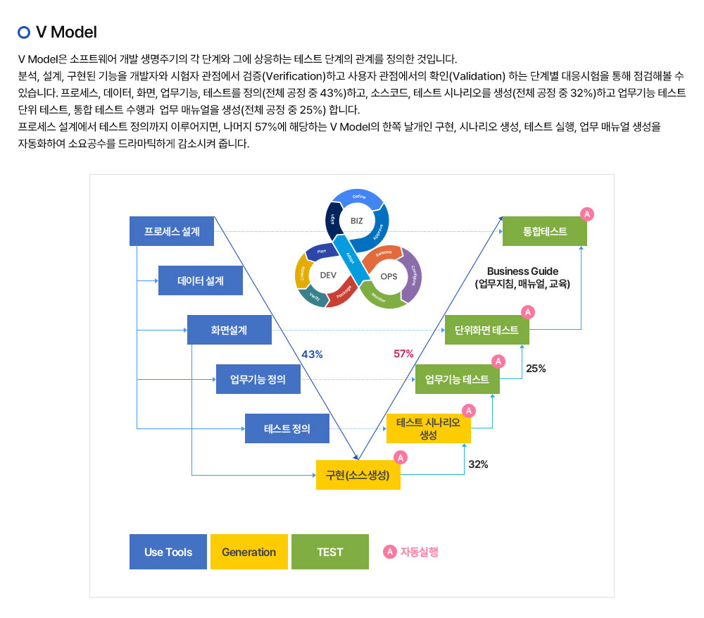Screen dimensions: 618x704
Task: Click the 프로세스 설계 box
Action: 172,231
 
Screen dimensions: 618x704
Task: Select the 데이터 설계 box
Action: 201,280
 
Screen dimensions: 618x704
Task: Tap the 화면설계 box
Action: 229,330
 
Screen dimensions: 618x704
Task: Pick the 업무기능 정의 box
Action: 258,379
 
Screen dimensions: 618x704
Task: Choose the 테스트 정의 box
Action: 287,428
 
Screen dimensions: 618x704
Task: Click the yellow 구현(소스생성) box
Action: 358,475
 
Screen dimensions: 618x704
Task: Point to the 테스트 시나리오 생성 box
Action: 428,428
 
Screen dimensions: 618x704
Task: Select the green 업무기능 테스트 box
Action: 457,379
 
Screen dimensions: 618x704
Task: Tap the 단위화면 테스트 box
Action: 486,330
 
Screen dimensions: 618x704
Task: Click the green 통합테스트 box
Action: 544,231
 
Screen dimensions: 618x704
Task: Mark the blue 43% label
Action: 312,354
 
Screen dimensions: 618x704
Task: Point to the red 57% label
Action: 403,354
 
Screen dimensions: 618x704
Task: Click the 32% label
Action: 478,464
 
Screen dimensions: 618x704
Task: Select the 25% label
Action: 536,368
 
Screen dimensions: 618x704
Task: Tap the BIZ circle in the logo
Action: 357,221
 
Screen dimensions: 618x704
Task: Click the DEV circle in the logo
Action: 328,276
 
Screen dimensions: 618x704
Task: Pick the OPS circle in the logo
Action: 389,276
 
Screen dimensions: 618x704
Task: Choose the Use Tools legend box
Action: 168,552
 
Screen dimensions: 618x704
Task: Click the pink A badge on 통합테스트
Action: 586,214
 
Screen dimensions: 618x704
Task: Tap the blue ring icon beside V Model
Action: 24,32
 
